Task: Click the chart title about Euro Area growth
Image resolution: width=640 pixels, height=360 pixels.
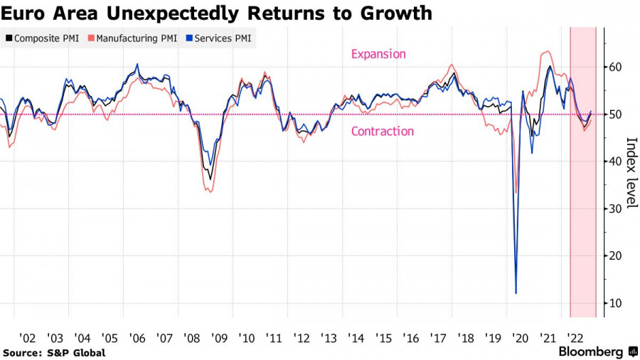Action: click(216, 13)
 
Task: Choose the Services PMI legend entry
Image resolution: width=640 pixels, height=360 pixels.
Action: click(215, 38)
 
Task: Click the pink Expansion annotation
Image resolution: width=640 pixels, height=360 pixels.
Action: click(378, 54)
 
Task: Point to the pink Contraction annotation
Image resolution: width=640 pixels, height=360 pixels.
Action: click(382, 131)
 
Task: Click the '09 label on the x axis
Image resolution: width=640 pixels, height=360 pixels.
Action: click(219, 339)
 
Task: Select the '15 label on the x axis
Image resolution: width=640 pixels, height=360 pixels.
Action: click(383, 339)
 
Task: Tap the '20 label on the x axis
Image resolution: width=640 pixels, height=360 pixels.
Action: click(520, 339)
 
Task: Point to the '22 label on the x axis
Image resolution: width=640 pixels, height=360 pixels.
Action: click(575, 339)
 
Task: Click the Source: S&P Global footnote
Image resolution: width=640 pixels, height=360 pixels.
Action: click(54, 353)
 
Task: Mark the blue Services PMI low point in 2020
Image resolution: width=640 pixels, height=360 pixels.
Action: click(516, 292)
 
